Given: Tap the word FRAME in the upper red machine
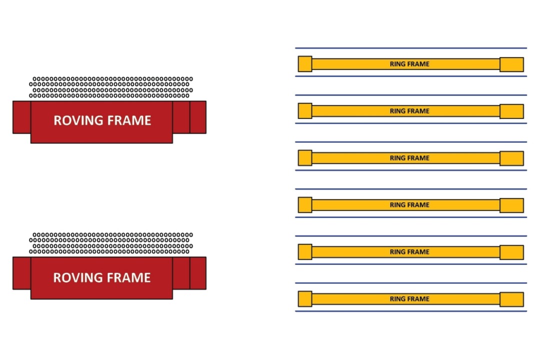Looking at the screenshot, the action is point(129,120).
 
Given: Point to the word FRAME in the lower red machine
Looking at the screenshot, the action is point(129,277).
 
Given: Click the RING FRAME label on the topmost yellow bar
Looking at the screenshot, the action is point(409,64).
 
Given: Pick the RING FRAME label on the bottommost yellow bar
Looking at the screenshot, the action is point(409,299).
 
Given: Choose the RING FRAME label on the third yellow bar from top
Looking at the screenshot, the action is point(409,158).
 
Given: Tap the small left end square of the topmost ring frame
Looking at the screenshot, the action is point(305,63).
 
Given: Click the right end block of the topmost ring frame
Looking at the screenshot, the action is point(512,64).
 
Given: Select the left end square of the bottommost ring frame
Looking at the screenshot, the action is point(305,298).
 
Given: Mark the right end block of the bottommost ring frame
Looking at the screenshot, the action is point(512,299).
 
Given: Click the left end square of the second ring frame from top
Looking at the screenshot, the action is point(305,110).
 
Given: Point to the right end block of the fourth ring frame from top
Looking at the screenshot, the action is point(512,205).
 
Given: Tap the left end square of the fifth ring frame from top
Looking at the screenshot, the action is point(305,252).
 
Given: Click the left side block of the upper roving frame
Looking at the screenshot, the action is point(21,117).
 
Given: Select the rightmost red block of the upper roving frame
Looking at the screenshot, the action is point(198,117).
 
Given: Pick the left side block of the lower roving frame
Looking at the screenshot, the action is point(21,273).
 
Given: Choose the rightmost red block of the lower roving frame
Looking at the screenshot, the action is point(198,273).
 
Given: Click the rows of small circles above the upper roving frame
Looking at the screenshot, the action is point(111,87).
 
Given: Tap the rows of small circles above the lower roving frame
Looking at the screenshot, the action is point(111,243).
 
